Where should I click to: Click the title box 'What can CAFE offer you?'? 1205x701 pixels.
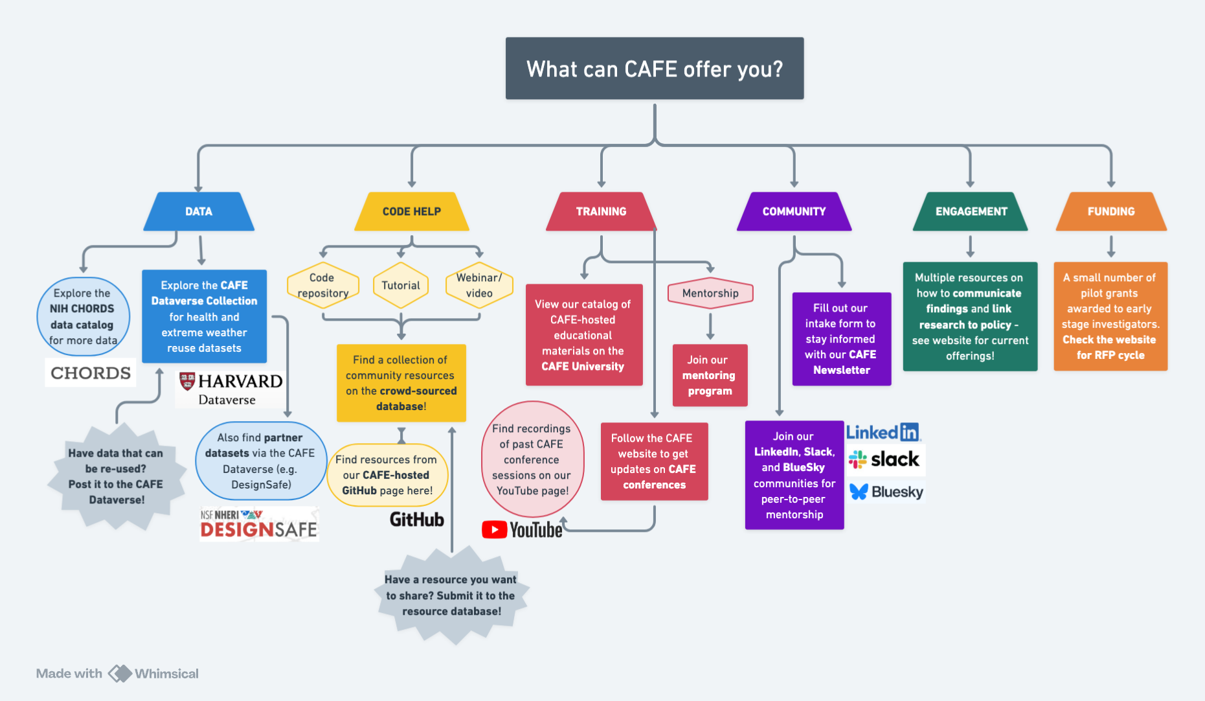(654, 69)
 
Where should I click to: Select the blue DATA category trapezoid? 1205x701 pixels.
(199, 211)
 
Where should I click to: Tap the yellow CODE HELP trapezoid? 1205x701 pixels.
(411, 211)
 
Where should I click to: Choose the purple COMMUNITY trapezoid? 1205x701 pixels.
(794, 211)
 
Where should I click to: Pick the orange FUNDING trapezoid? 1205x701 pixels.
(1110, 211)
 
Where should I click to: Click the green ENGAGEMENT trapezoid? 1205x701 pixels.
(971, 211)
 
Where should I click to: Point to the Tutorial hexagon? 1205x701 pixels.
(401, 285)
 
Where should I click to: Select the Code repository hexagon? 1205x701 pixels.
(322, 285)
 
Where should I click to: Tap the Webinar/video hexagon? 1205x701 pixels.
(479, 285)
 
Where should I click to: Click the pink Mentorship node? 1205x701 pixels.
(710, 293)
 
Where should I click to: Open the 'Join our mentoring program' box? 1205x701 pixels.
(710, 375)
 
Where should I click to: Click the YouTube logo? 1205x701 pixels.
(522, 530)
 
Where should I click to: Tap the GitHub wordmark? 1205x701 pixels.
(416, 520)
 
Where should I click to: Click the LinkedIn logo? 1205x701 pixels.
(883, 432)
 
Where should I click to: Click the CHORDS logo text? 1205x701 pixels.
(91, 373)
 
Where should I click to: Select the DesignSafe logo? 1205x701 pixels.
(258, 524)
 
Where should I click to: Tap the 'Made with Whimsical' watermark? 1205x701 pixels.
(117, 674)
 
